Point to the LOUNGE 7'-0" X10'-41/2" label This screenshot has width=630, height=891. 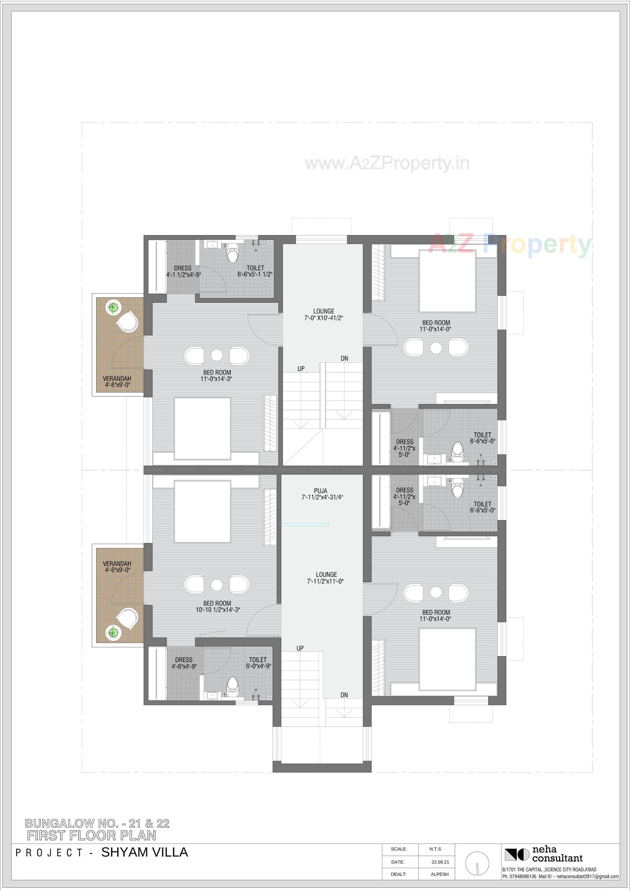pyautogui.click(x=324, y=314)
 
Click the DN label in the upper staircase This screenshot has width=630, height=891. pyautogui.click(x=344, y=358)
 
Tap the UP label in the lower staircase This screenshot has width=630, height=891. pyautogui.click(x=300, y=648)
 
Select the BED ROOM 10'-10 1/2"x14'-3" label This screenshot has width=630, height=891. pyautogui.click(x=217, y=607)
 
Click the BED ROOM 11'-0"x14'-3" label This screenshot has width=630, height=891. pyautogui.click(x=217, y=375)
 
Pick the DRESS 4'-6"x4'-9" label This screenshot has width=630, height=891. pyautogui.click(x=184, y=663)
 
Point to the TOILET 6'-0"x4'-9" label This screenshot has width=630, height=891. pyautogui.click(x=258, y=663)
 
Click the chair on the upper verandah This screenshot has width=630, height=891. pyautogui.click(x=127, y=322)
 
